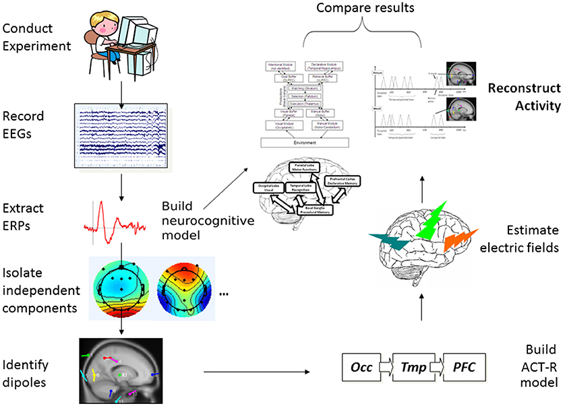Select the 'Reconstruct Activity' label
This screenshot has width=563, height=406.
(523, 97)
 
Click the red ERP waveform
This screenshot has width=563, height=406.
(115, 219)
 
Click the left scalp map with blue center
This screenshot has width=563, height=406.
(118, 285)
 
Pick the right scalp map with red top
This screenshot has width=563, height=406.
(181, 285)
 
